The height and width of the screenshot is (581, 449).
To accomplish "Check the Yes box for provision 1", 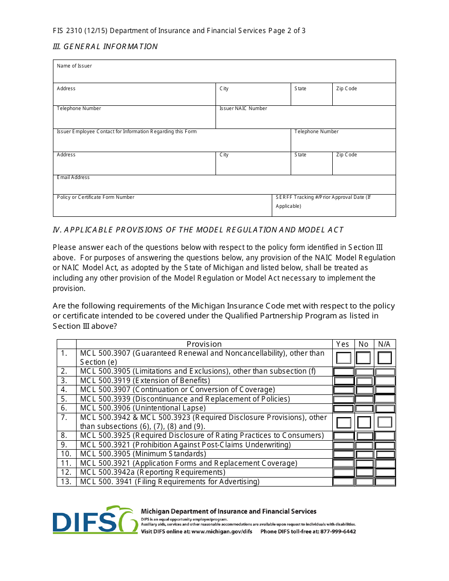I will coord(344,358).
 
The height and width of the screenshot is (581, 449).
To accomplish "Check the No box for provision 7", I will coord(364,422).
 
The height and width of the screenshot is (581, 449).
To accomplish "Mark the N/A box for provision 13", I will coord(385,482).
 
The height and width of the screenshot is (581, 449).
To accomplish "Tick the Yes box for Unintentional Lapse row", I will coord(344,408).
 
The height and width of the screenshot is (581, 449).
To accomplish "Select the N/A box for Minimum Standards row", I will coord(385,454).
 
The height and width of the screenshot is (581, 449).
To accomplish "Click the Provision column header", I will coord(204,344).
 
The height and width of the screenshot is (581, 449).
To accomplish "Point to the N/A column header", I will coord(384,344).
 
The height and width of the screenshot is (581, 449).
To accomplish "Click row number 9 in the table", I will coord(65,444).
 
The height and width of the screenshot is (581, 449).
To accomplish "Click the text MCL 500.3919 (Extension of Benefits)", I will coord(145,380).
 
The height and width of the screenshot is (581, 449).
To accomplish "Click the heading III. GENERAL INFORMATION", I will coord(105,46).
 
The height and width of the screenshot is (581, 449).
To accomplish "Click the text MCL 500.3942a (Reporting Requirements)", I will coord(153,472).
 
